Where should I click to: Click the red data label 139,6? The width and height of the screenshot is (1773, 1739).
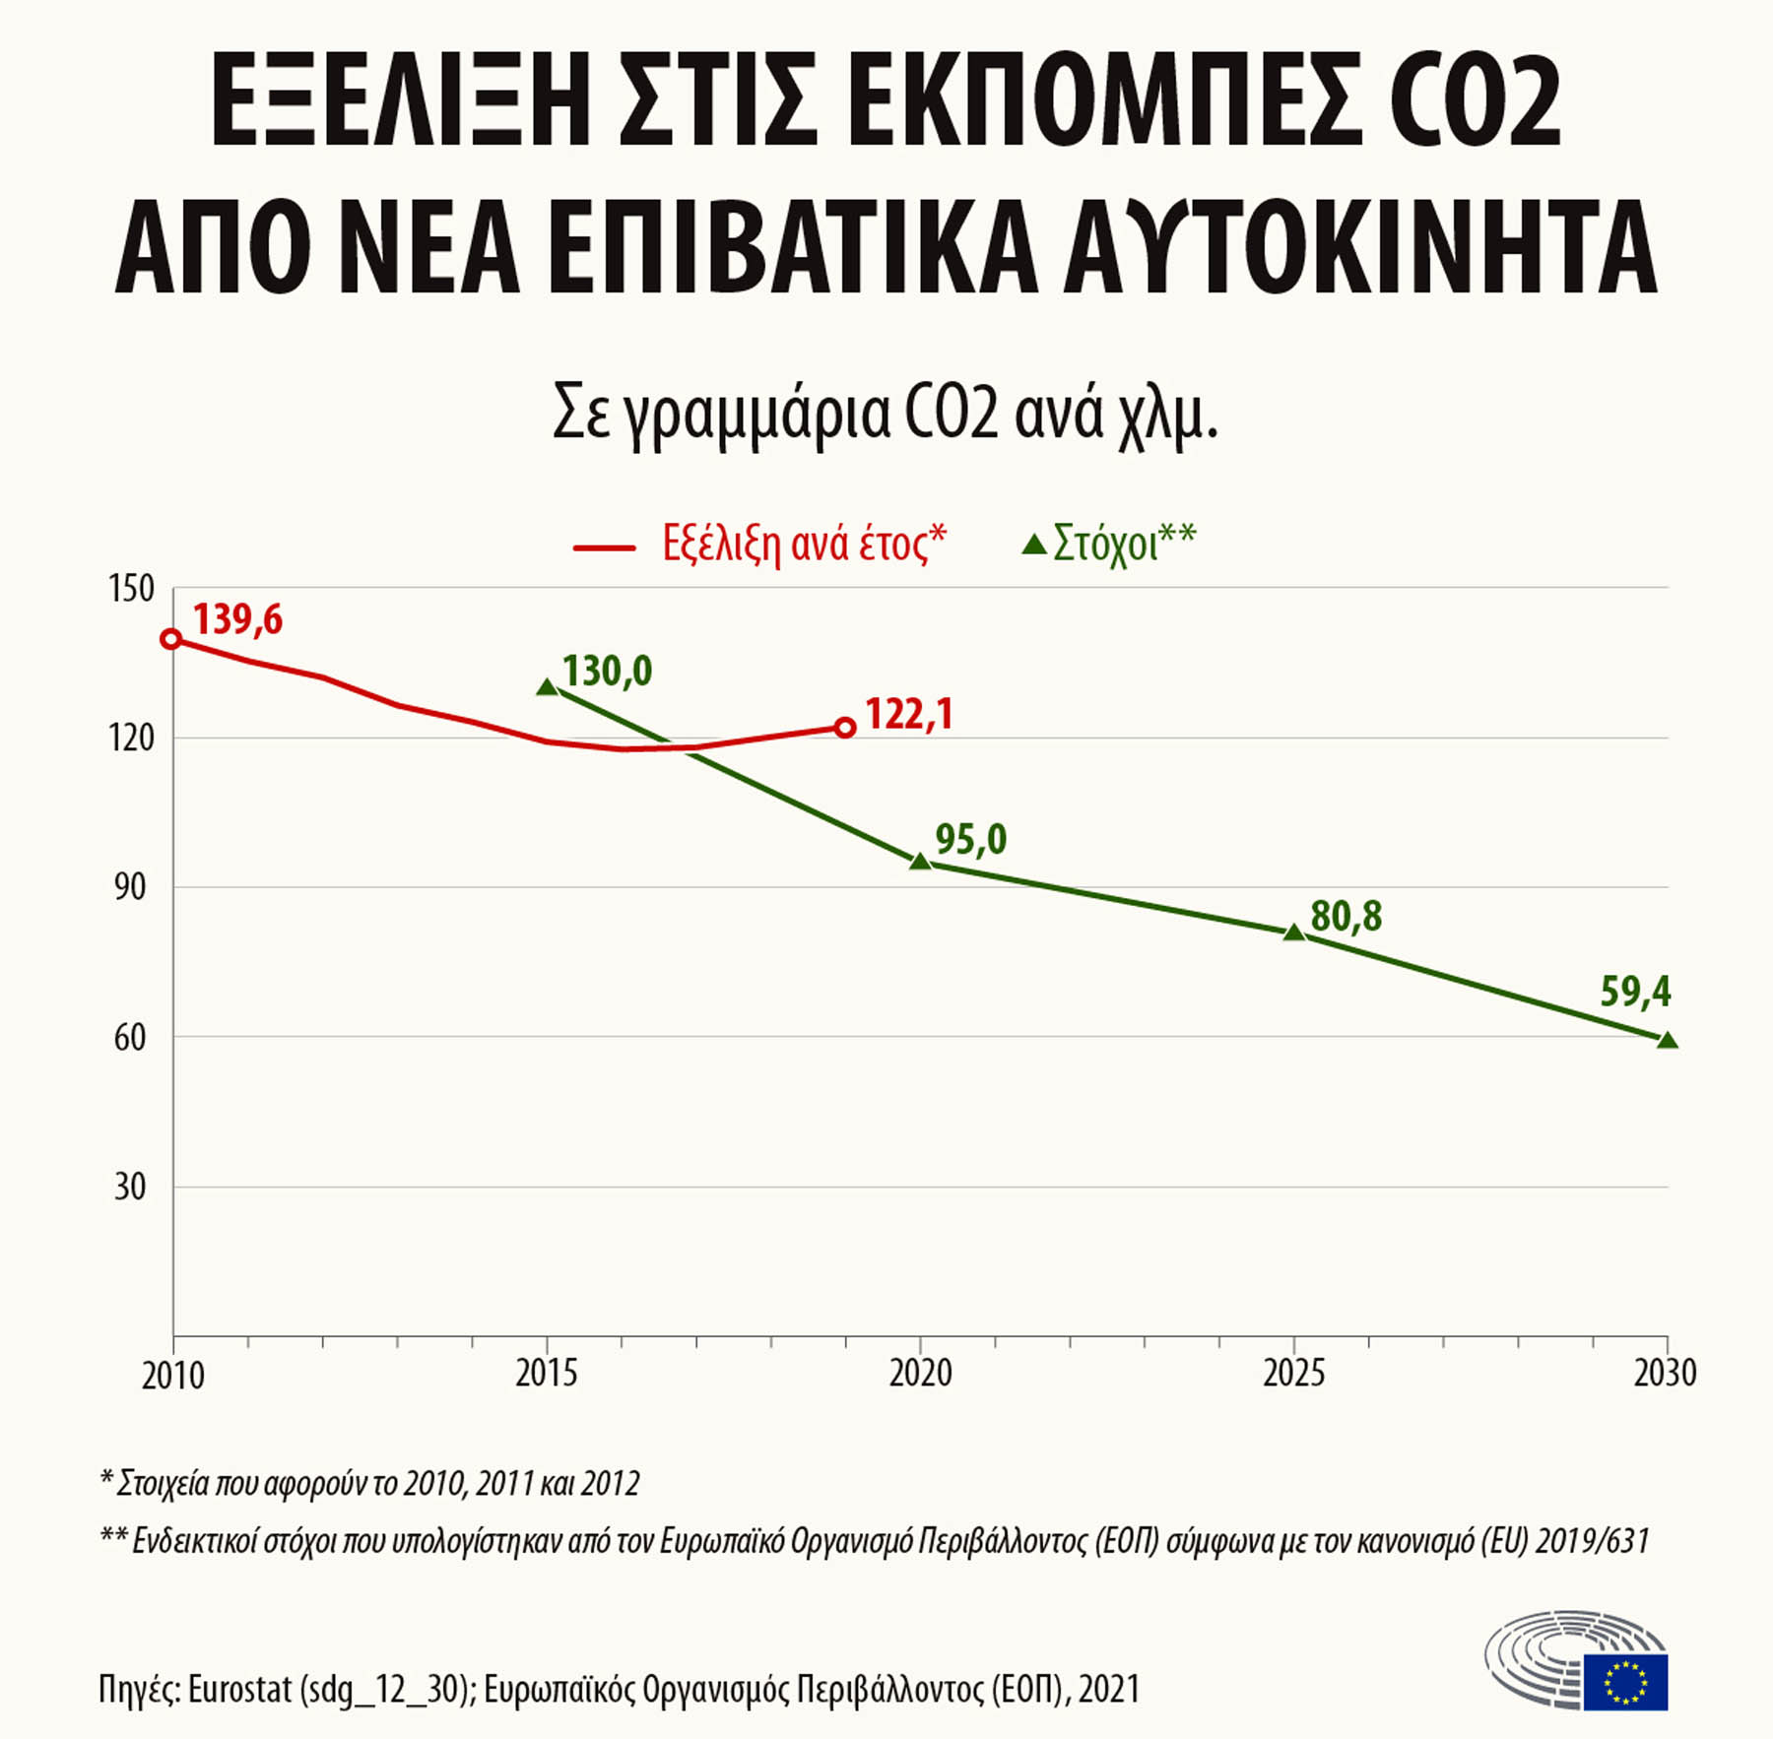click(237, 619)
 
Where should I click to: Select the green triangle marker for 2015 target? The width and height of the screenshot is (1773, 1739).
click(547, 686)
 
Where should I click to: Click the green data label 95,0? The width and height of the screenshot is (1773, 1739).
click(970, 839)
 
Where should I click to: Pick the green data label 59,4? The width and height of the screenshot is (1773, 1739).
click(1635, 992)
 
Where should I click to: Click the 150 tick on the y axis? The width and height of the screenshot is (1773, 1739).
click(131, 589)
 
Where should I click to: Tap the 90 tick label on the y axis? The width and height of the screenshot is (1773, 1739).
click(130, 887)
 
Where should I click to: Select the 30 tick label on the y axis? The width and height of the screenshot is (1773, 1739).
click(130, 1187)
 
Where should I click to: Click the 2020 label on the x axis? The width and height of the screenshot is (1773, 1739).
click(920, 1373)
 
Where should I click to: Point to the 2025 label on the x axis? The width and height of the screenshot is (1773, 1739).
click(1293, 1373)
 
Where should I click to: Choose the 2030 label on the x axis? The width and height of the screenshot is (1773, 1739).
click(1665, 1373)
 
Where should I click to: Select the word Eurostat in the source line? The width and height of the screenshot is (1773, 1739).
click(240, 1689)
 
